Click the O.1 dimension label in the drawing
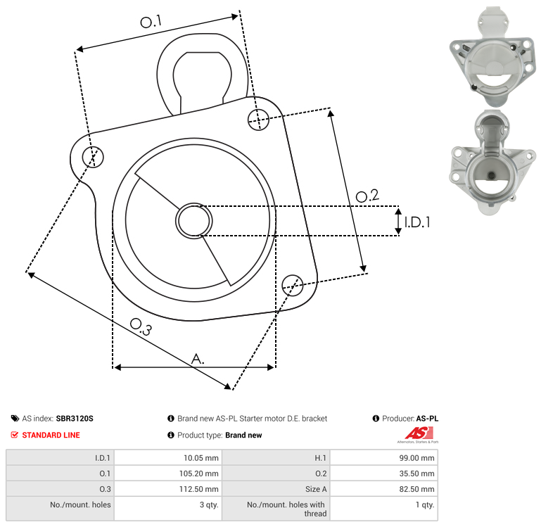pyautogui.click(x=151, y=22)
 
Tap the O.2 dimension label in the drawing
pyautogui.click(x=367, y=196)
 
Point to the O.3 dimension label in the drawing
pyautogui.click(x=141, y=326)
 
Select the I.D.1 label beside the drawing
pyautogui.click(x=417, y=222)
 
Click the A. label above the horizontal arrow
pyautogui.click(x=198, y=360)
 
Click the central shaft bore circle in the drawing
pyautogui.click(x=194, y=221)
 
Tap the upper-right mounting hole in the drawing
pyautogui.click(x=258, y=120)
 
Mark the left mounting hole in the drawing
pyautogui.click(x=93, y=157)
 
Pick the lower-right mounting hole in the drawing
pyautogui.click(x=293, y=286)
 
